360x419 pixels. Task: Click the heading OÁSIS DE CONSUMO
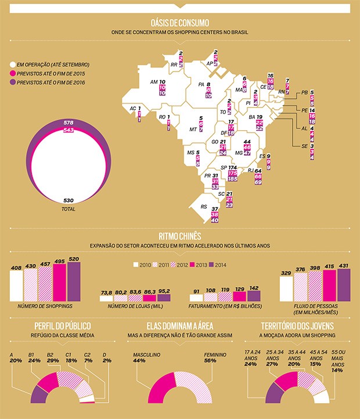click(179, 22)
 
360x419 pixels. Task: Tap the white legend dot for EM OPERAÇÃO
click(12, 65)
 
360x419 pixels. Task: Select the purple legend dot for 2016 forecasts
click(12, 83)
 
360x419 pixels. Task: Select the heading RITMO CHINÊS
click(179, 237)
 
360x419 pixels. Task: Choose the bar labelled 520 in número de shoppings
click(74, 282)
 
